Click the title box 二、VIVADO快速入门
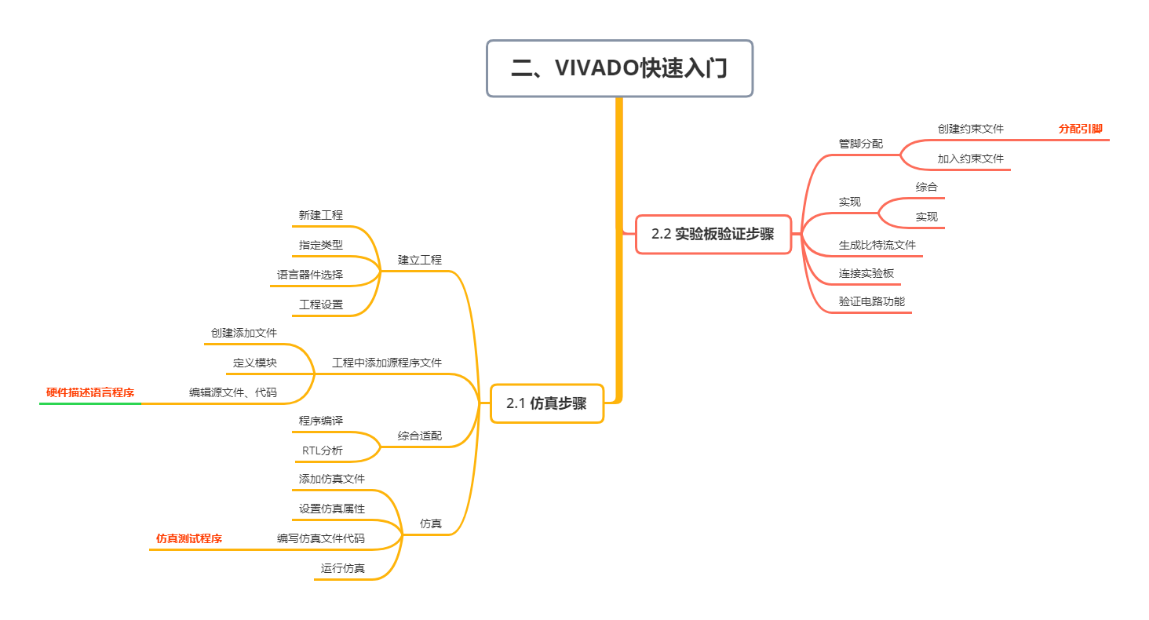619,68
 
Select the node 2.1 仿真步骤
547,403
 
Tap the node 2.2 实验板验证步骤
713,234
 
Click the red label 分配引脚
1080,129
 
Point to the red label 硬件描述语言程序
90,392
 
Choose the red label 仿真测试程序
189,538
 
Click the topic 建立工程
420,260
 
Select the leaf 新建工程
321,215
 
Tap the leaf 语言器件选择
310,275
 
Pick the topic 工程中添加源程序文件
387,363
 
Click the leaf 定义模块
255,363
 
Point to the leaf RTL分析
323,450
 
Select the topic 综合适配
420,436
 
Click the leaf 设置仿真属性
332,509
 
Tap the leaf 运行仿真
343,568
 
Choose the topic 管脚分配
861,144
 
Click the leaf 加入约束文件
971,159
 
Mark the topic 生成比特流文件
877,245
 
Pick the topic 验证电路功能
872,301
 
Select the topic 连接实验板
866,273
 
